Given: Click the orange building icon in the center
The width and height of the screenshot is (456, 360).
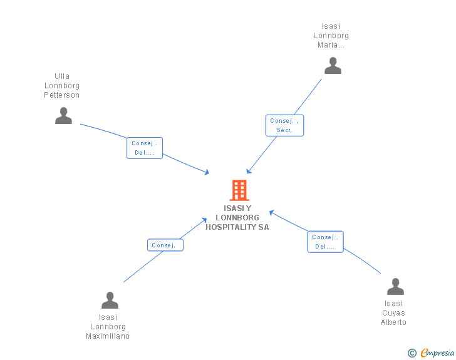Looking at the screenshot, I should tap(239, 190).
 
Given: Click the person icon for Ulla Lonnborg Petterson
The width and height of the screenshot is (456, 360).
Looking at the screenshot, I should tap(63, 116).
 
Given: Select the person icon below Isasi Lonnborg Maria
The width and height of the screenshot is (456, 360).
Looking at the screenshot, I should tap(333, 66).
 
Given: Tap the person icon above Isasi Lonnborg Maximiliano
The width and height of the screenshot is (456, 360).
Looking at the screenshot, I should tap(110, 301).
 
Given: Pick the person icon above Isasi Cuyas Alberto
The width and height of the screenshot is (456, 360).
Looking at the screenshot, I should tap(395, 287).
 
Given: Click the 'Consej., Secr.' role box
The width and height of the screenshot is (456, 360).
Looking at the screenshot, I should tap(285, 125).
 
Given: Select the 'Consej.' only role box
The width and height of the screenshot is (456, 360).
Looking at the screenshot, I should tap(165, 245).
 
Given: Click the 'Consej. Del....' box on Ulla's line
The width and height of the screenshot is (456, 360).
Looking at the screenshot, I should tap(145, 148).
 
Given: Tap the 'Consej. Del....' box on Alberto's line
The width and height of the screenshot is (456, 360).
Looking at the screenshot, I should tap(325, 242).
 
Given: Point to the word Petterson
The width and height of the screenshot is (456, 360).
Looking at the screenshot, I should tap(62, 95).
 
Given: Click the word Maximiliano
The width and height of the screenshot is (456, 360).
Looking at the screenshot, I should tap(108, 336).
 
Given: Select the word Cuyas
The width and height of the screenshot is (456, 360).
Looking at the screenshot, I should tap(393, 313).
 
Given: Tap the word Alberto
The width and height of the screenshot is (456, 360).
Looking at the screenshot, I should tap(393, 322).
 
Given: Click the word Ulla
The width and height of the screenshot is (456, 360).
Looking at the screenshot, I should tap(62, 76).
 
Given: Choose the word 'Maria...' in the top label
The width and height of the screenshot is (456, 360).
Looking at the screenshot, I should tap(331, 45).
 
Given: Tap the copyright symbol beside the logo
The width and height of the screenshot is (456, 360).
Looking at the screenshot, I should tap(412, 353).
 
